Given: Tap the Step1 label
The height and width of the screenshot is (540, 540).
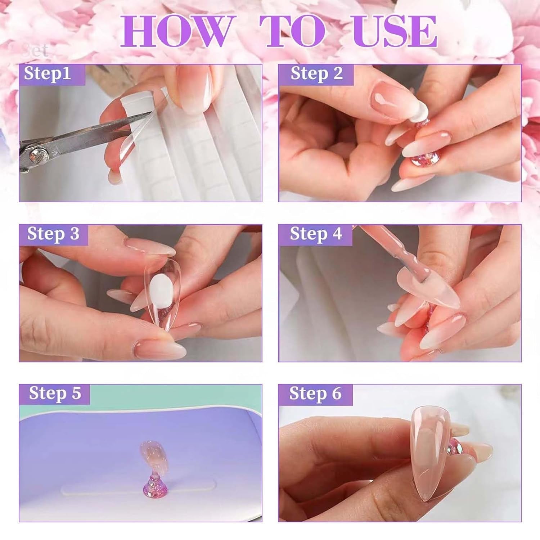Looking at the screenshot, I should [48, 74].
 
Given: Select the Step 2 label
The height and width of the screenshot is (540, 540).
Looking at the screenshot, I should [316, 74].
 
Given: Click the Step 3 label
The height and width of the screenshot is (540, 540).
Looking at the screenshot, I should [53, 234].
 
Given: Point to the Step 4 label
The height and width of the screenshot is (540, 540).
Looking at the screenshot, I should [316, 234].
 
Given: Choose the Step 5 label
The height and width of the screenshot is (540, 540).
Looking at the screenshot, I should [55, 393].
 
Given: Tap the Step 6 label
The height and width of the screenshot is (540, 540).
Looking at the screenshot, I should [315, 393].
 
